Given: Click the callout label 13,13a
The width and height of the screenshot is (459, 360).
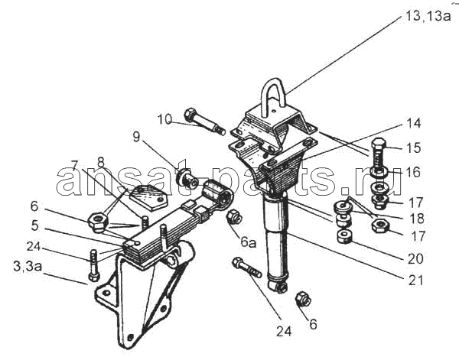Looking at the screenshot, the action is pyautogui.click(x=428, y=16).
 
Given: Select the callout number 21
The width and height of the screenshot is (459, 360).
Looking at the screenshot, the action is pyautogui.click(x=415, y=281).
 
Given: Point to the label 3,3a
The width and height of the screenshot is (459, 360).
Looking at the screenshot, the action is pyautogui.click(x=28, y=267).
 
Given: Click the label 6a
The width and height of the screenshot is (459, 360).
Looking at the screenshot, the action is pyautogui.click(x=249, y=242).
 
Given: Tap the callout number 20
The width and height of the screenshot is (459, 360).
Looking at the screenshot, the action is pyautogui.click(x=415, y=259).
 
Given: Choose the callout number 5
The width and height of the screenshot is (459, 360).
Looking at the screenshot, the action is pyautogui.click(x=34, y=225).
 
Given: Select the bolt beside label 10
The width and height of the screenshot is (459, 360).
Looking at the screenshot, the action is pyautogui.click(x=204, y=121).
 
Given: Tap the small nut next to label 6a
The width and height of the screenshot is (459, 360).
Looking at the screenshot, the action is pyautogui.click(x=235, y=217).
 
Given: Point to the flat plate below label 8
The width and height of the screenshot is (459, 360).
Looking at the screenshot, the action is pyautogui.click(x=148, y=198).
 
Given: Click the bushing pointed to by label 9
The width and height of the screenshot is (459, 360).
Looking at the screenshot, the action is pyautogui.click(x=187, y=179).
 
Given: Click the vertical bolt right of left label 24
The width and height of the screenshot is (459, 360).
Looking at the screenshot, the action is pyautogui.click(x=93, y=265).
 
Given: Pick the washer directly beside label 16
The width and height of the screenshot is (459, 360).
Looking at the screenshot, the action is pyautogui.click(x=379, y=172).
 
